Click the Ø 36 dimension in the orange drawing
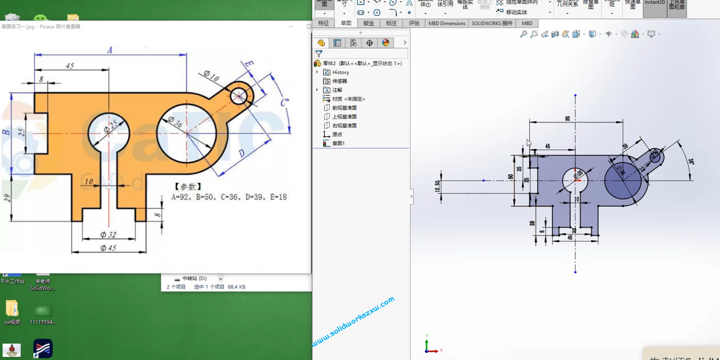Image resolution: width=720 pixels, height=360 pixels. tap(176, 122)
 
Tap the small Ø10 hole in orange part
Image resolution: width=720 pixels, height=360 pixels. tap(239, 96)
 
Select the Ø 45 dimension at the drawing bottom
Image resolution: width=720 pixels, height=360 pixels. tap(108, 248)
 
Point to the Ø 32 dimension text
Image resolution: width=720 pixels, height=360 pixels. tap(108, 235)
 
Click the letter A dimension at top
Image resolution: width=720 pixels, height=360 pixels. tap(110, 50)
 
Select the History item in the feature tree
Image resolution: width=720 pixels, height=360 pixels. tap(340, 73)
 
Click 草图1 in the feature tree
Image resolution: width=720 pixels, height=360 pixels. tap(338, 143)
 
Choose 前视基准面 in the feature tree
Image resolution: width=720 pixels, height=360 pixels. tap(344, 108)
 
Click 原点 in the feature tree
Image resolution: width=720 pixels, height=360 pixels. tap(337, 135)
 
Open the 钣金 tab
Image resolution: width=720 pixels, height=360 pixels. tap(369, 23)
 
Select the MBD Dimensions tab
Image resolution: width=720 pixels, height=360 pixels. tap(447, 23)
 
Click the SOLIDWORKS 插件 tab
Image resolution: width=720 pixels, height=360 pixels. tap(492, 23)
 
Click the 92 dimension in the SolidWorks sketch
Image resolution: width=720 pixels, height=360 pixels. tap(567, 119)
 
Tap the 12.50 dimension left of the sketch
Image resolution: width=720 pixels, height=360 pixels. tap(438, 186)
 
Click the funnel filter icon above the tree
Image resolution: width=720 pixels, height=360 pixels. tap(319, 54)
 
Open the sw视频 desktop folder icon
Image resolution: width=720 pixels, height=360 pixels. tap(12, 309)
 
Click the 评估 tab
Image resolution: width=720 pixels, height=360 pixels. tap(414, 23)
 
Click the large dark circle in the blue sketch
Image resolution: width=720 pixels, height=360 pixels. tap(623, 181)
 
